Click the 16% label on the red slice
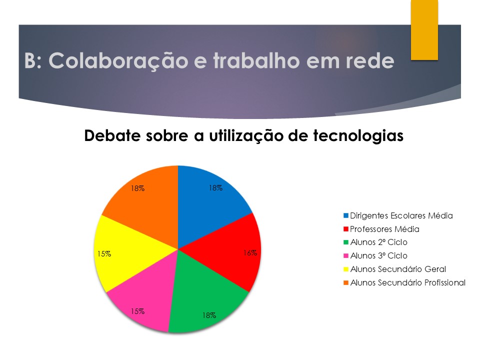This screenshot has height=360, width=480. (x=250, y=253)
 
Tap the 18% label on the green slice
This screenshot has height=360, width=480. (x=209, y=315)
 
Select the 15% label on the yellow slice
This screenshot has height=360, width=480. (x=104, y=254)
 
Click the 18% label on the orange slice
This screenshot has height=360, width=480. (x=138, y=188)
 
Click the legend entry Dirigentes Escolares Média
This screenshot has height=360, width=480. (x=398, y=216)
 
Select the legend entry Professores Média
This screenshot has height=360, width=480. (x=381, y=229)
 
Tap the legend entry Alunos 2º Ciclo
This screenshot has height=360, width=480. (x=375, y=242)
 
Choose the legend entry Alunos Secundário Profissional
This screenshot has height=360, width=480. (x=404, y=282)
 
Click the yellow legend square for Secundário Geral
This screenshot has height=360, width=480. (x=346, y=269)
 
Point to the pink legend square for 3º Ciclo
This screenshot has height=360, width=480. (x=346, y=256)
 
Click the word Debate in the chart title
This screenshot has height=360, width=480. (x=112, y=135)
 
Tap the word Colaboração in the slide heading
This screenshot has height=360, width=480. (x=118, y=61)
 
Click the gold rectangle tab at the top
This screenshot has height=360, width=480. (x=424, y=29)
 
